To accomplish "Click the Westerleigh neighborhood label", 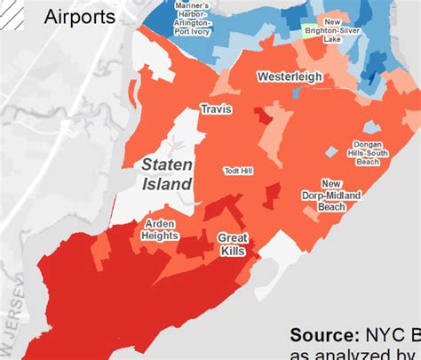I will [290, 77].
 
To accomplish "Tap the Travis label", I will [215, 109].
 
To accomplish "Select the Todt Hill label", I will [239, 170].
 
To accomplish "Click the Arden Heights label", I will [159, 229].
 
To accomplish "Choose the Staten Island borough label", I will [167, 174].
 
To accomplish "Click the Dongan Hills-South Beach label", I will [355, 151].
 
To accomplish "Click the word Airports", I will [79, 17].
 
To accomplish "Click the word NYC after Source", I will [382, 335].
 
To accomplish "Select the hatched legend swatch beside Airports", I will [13, 15].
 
